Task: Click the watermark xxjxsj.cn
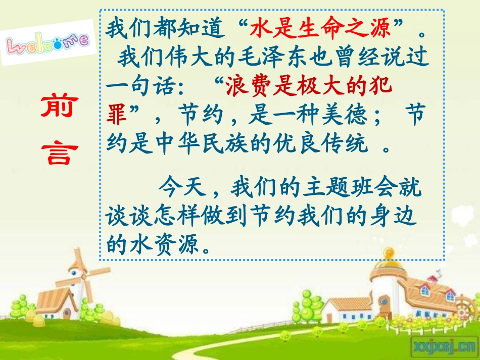coord(444,347)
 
